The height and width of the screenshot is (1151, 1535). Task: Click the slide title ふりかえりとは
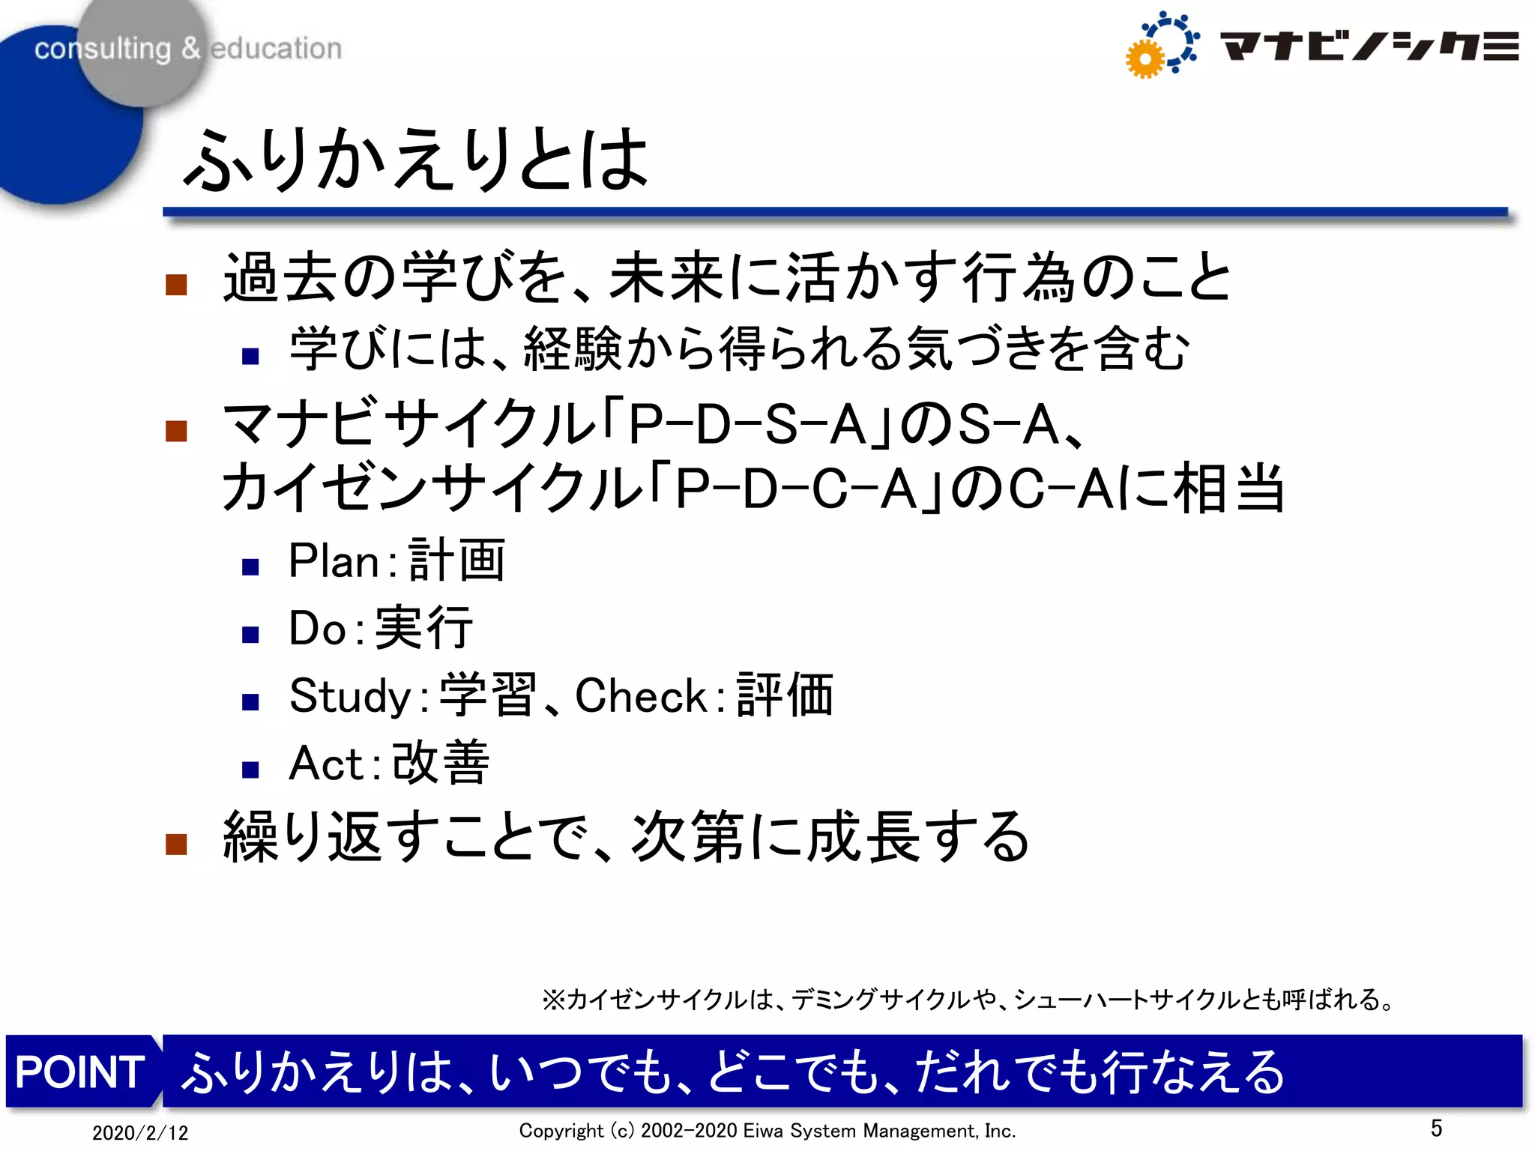417,159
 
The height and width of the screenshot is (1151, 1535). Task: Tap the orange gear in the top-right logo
1145,59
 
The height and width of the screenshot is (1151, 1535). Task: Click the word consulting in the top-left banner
103,49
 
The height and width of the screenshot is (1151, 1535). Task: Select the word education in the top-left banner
276,49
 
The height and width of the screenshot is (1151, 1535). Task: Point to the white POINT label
80,1072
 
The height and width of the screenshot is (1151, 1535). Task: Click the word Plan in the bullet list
334,561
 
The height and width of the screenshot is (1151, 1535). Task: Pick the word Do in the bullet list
317,628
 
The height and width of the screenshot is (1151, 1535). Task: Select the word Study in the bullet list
350,696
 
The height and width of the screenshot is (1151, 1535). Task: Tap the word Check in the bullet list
641,696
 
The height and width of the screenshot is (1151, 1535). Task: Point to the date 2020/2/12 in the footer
140,1132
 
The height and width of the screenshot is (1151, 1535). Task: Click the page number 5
1436,1128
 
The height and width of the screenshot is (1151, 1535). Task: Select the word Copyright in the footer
561,1131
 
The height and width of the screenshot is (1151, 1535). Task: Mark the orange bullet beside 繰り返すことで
176,844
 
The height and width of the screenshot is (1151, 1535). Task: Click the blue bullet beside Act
250,770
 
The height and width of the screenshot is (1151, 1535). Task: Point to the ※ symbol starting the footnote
553,1000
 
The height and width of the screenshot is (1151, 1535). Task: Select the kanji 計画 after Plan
457,560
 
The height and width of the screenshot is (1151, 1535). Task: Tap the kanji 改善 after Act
441,763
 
